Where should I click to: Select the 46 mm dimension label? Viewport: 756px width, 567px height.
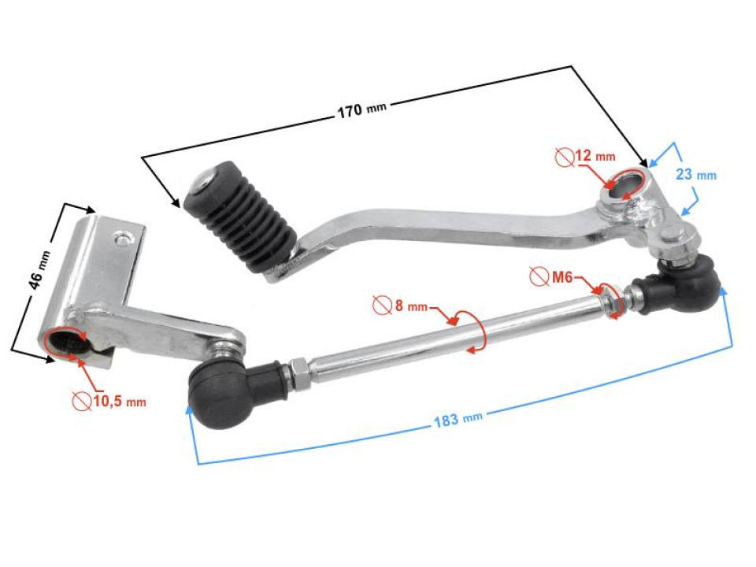(38, 271)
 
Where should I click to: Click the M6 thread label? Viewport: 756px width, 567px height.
(561, 277)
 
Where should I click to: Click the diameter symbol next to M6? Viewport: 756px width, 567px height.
(539, 277)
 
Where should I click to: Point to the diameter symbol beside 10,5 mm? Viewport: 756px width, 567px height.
(82, 401)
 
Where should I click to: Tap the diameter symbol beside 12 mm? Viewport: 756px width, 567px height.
(565, 157)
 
